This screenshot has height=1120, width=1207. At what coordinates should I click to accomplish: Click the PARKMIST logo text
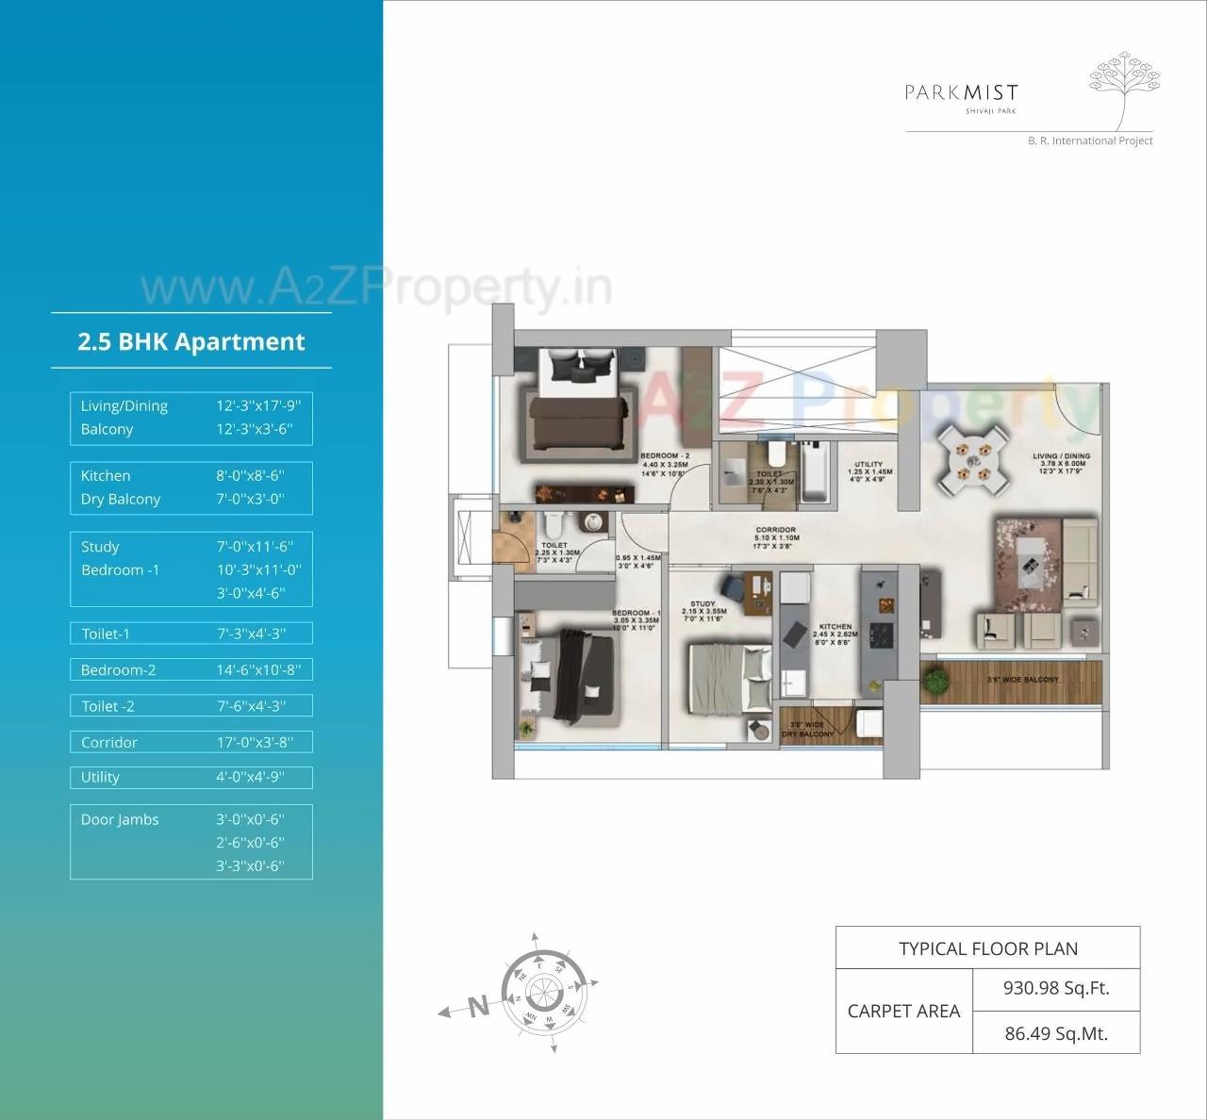[x=961, y=92]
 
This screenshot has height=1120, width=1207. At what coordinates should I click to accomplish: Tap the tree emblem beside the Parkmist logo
[x=1124, y=91]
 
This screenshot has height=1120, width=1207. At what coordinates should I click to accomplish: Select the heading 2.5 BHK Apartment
[x=191, y=341]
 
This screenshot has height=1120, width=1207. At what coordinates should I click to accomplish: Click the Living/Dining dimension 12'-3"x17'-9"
[x=258, y=405]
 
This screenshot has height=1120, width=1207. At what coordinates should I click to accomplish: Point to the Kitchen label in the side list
[x=106, y=476]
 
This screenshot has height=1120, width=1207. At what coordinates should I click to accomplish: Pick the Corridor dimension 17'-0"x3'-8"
[x=255, y=742]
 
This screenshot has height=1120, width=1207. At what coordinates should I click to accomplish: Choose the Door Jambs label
[x=120, y=819]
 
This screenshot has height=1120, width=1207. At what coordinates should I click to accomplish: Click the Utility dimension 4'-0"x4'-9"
[x=250, y=777]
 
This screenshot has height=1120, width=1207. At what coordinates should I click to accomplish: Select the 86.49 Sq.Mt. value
[x=1056, y=1033]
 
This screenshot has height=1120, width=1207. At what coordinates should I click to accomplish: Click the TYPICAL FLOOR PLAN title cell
[x=987, y=948]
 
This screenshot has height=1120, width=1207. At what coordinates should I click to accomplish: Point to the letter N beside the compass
[x=479, y=1006]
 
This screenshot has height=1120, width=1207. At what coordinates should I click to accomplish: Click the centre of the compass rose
[x=545, y=994]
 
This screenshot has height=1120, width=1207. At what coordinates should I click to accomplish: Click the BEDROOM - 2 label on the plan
[x=665, y=456]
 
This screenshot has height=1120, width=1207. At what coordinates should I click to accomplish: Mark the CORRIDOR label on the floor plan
[x=775, y=531]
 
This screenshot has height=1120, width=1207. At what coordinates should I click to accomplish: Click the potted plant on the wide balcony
[x=936, y=681]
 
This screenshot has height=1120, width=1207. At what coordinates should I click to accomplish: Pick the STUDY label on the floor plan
[x=703, y=604]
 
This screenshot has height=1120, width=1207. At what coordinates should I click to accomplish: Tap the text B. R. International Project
[x=1090, y=140]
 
